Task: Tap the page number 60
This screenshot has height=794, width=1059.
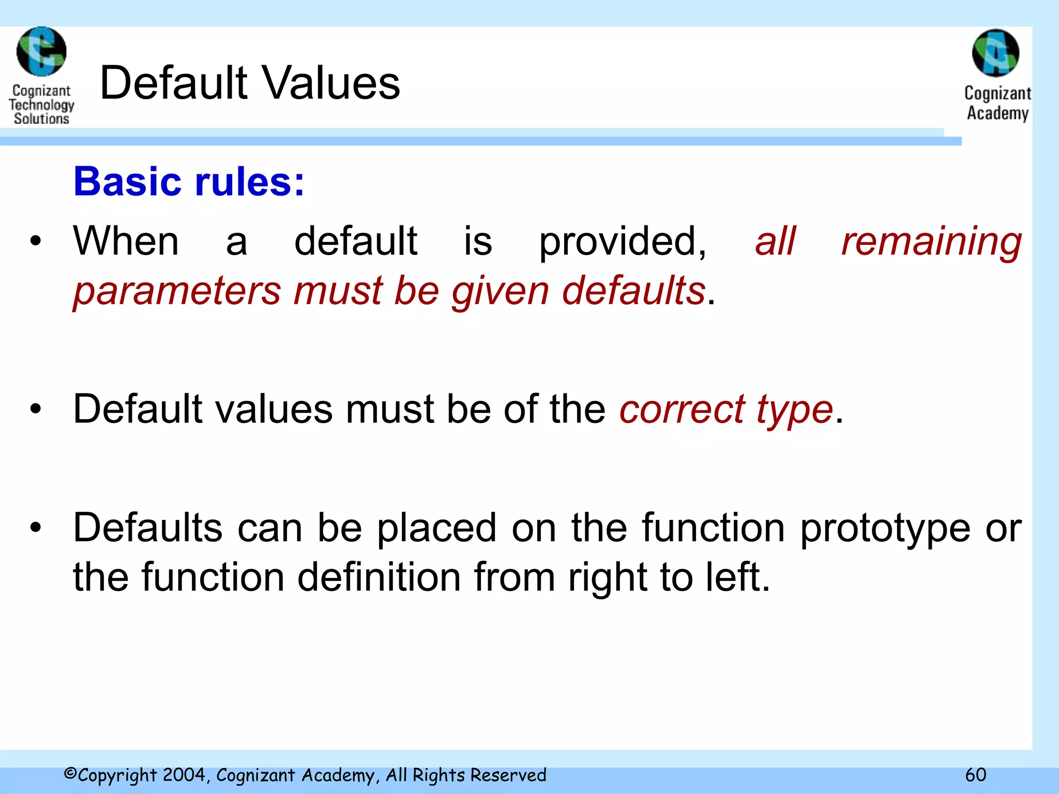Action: [976, 775]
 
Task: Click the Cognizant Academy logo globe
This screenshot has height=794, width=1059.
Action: [995, 53]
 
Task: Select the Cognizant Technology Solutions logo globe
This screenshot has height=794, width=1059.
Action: [41, 51]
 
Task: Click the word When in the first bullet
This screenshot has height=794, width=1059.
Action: [126, 241]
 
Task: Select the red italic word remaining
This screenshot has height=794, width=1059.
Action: [931, 242]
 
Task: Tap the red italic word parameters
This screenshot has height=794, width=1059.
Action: [177, 291]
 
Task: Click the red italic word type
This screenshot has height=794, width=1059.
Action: [794, 410]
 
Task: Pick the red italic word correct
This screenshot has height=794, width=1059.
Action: [682, 409]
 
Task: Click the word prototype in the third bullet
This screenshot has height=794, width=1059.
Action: [885, 529]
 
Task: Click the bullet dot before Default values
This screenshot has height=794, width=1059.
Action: [35, 409]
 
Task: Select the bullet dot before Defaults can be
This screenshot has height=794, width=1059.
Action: [35, 528]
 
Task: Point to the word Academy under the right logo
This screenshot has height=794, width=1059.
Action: [997, 113]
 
